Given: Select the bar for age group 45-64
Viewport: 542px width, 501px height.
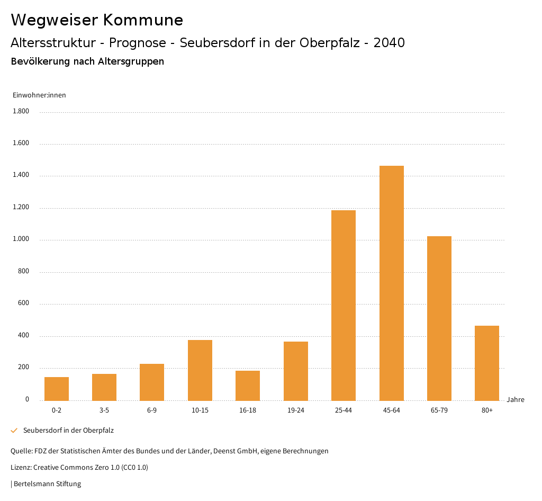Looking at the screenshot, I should (x=391, y=283).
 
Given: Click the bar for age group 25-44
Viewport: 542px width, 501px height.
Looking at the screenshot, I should (x=344, y=306).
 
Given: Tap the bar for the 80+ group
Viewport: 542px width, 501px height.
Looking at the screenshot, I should (x=487, y=363).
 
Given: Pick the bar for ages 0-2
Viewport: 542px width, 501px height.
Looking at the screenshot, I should (x=57, y=389).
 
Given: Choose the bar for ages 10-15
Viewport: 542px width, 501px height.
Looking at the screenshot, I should (x=200, y=370).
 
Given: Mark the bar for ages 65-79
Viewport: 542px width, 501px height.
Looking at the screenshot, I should (x=439, y=318).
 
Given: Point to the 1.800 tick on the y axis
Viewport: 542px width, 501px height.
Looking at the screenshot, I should (x=21, y=111).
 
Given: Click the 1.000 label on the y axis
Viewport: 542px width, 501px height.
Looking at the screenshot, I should (x=21, y=239).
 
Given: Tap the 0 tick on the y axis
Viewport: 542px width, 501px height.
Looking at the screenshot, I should (x=27, y=399).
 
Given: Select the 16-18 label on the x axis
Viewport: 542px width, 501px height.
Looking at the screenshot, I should (x=248, y=410).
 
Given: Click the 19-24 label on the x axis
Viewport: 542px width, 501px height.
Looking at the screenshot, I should (x=296, y=410).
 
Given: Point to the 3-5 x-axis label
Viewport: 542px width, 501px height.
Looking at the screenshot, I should (x=104, y=410).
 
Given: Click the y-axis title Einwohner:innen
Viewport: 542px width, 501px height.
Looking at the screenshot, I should (x=39, y=95).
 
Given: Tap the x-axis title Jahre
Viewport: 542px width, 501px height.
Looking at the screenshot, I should (x=516, y=400).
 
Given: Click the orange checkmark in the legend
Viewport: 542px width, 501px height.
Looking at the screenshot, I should (x=14, y=431).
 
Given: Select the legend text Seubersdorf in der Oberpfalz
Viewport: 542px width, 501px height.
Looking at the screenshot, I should (x=68, y=431).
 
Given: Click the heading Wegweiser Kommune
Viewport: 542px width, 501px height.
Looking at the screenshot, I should (x=97, y=20).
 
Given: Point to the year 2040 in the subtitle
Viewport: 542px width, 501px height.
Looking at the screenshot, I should (x=389, y=43).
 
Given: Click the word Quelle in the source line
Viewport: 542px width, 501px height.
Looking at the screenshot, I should (x=21, y=451).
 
